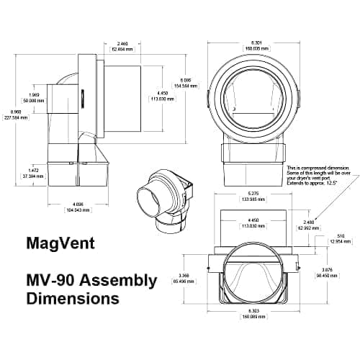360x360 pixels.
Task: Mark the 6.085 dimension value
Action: [x=184, y=80]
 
